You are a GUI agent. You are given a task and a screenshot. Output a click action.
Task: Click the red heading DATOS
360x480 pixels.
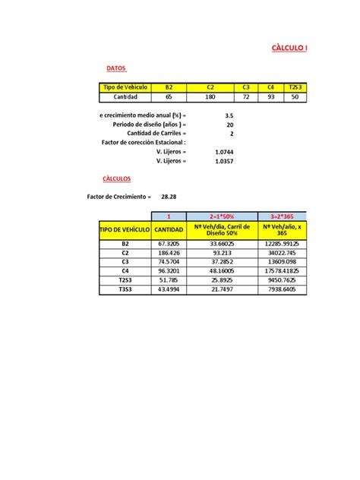tap(115, 68)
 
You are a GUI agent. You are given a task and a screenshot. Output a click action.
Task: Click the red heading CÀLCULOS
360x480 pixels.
tap(116, 178)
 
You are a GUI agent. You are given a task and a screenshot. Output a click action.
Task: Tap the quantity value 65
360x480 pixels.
tap(168, 97)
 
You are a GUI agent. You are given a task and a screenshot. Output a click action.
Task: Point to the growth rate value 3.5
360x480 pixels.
tap(229, 115)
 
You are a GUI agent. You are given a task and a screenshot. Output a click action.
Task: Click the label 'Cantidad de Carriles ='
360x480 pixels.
tap(156, 133)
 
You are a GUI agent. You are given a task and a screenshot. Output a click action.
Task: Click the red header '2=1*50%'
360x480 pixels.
tap(223, 216)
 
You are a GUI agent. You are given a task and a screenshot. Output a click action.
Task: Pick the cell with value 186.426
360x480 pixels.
tap(168, 254)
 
